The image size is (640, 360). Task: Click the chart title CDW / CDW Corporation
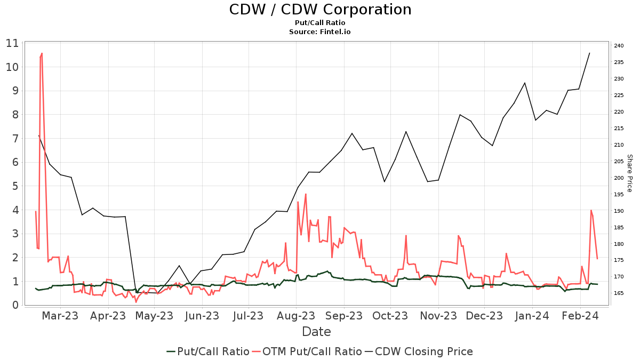click(320, 10)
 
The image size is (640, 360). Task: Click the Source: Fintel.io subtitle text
click(320, 32)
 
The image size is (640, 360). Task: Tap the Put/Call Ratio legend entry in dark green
click(207, 351)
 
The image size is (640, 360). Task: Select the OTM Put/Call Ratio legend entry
click(307, 351)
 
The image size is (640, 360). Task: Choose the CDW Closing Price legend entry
click(418, 351)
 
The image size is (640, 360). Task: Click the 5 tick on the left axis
click(15, 186)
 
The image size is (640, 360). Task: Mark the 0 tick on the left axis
click(15, 305)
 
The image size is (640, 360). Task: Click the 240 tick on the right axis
click(619, 46)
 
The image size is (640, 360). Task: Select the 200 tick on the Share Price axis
click(619, 178)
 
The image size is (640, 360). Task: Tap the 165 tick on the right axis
click(619, 293)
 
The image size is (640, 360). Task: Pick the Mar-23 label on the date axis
click(60, 316)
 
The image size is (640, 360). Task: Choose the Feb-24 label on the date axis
click(580, 316)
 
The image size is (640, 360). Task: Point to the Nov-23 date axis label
click(438, 316)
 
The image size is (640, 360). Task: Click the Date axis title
click(316, 332)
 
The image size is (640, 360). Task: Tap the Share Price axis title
click(629, 173)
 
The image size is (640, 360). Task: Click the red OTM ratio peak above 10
click(42, 53)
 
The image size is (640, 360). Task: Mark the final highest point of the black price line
click(589, 53)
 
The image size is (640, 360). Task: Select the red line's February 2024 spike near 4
click(591, 210)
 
